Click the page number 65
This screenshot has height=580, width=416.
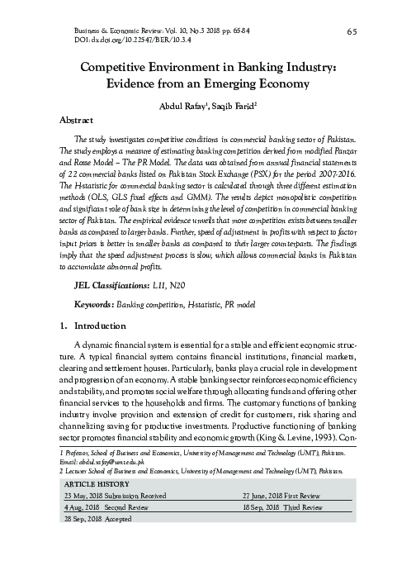tap(352, 31)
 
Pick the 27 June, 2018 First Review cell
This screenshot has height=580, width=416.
tap(281, 495)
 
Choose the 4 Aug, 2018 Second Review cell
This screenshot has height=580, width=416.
tap(105, 507)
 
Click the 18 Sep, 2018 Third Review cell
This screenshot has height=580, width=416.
tap(281, 507)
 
